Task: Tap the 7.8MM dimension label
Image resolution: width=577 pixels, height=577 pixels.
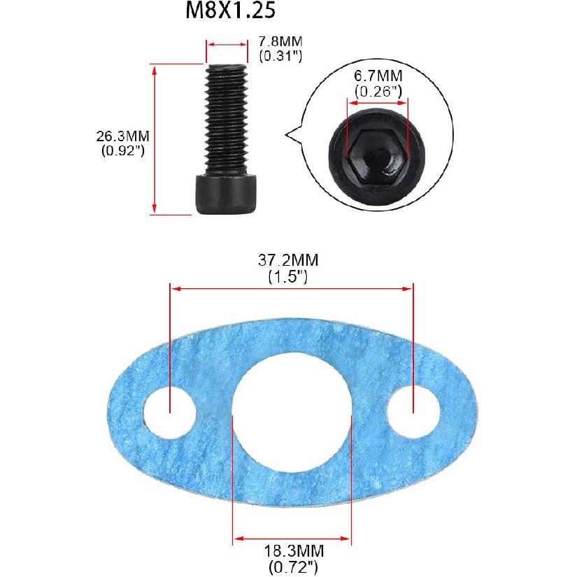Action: [x=280, y=43]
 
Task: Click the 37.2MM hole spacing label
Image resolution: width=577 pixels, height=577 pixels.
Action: [x=288, y=261]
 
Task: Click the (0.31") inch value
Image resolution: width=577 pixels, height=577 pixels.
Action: [x=280, y=56]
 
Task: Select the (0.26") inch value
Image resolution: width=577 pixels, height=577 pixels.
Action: [x=377, y=91]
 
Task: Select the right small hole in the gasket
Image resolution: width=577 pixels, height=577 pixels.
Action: [x=413, y=408]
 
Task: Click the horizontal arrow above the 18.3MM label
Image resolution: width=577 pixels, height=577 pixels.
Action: [x=292, y=538]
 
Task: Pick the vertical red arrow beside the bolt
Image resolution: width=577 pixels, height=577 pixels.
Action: [x=155, y=137]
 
